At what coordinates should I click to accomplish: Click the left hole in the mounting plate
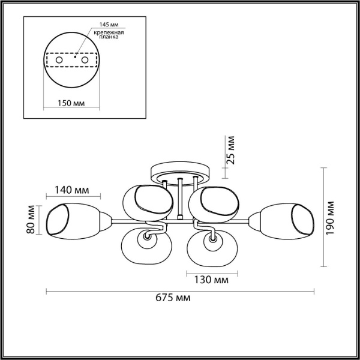coord(58,61)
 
